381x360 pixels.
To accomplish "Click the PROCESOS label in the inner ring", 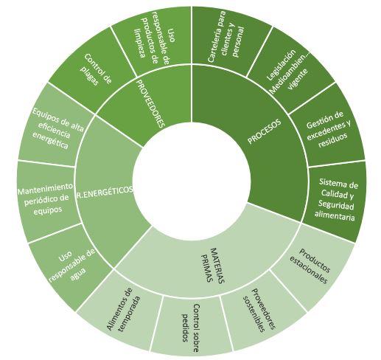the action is [264, 131].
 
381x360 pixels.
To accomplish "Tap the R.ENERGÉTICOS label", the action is [105, 190].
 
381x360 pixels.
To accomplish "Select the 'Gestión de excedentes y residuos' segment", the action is [328, 129].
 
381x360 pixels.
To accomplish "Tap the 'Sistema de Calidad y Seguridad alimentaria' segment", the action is [336, 200].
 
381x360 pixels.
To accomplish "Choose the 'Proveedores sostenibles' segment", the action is [260, 311].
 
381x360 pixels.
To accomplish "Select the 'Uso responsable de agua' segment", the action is [71, 268].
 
